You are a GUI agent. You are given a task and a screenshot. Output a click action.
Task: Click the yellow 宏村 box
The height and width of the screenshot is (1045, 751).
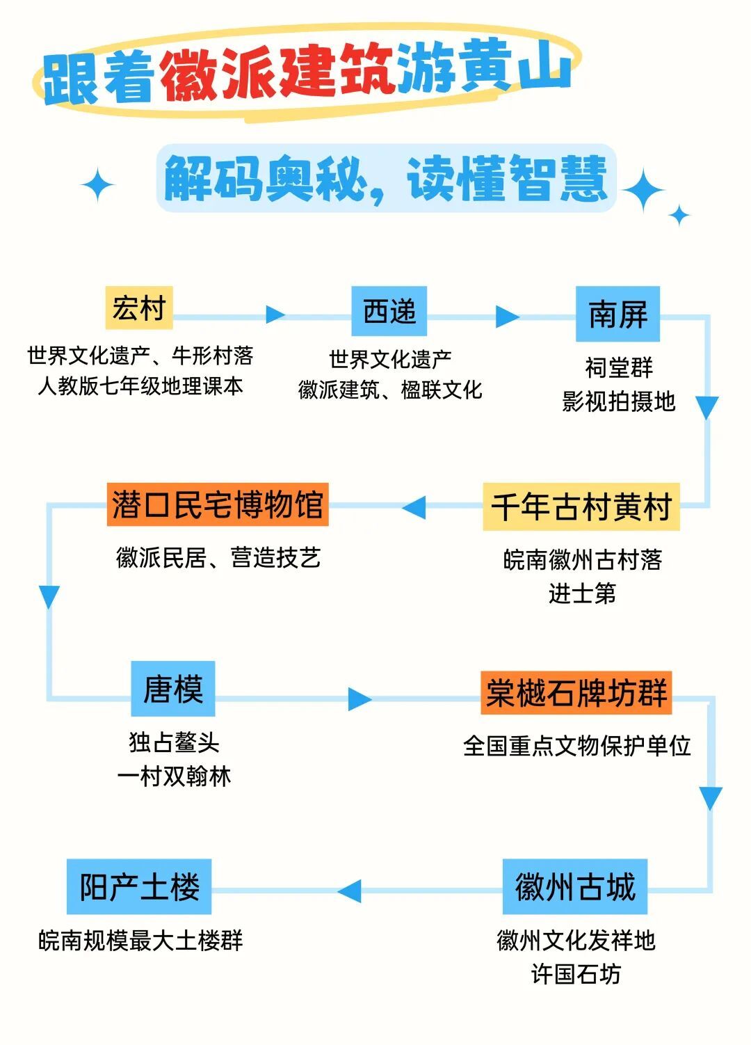[x=139, y=308]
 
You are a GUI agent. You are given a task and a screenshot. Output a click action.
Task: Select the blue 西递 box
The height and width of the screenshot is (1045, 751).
[x=389, y=311]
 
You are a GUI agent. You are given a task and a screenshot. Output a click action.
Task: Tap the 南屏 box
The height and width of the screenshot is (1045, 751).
[x=617, y=314]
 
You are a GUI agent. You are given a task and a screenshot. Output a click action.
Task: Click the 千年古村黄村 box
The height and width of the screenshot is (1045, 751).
[x=581, y=506]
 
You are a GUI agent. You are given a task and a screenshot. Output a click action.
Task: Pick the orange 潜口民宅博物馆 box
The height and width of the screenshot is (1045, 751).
[x=218, y=504]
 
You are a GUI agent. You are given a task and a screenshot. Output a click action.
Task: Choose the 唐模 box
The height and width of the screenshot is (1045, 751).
[x=173, y=689]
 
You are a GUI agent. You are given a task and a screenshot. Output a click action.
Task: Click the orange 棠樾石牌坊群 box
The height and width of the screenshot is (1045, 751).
[x=576, y=692]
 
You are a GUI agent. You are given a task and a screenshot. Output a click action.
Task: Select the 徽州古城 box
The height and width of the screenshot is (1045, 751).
[x=575, y=887]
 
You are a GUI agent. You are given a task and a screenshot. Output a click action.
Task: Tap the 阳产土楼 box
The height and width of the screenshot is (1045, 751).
[x=139, y=887]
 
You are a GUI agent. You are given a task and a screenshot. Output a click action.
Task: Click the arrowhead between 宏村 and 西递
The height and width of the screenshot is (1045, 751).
[x=275, y=314]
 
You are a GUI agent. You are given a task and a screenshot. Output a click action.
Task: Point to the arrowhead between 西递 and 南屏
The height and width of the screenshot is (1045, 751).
[x=507, y=317]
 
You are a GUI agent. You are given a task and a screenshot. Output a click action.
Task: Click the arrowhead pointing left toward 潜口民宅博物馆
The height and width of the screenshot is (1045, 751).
[x=414, y=507]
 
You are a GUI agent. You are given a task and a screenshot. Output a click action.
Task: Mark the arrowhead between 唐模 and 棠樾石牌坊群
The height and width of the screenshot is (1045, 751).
[x=360, y=699]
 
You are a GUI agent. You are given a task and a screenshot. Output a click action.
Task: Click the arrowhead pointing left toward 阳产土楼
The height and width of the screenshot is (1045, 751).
[x=350, y=891]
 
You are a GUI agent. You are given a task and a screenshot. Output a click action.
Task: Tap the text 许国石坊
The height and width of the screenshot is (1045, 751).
[x=576, y=974]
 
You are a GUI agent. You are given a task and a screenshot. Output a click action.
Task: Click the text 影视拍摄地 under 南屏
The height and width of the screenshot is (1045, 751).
[x=618, y=401]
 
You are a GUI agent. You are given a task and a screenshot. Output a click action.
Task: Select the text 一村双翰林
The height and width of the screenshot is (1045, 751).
[x=174, y=776]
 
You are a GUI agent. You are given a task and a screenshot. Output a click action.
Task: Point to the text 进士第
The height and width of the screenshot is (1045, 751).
[x=582, y=593]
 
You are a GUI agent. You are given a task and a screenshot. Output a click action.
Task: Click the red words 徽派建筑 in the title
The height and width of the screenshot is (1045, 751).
[x=278, y=75]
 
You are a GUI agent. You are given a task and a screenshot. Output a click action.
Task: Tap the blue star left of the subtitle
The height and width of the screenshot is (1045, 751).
[x=98, y=185]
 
